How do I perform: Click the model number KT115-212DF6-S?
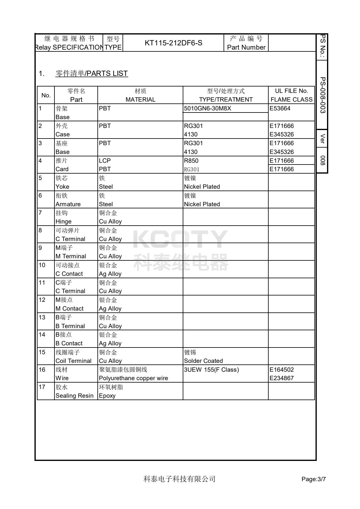[173, 43]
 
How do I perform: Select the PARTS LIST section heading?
[92, 73]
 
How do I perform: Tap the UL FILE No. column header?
[291, 91]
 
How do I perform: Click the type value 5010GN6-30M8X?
[208, 109]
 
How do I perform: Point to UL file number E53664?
[280, 109]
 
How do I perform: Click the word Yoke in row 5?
[62, 187]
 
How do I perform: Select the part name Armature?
[68, 204]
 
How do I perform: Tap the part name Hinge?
[63, 221]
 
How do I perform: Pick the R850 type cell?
[191, 161]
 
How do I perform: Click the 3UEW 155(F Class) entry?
[211, 370]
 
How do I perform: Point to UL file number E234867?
[281, 378]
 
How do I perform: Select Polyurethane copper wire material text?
[133, 378]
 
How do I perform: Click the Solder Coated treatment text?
[203, 361]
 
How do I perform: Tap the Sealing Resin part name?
[74, 396]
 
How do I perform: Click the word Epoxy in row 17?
[107, 396]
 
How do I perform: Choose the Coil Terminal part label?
[73, 361]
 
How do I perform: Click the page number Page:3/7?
[313, 479]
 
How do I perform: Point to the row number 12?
[42, 300]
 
